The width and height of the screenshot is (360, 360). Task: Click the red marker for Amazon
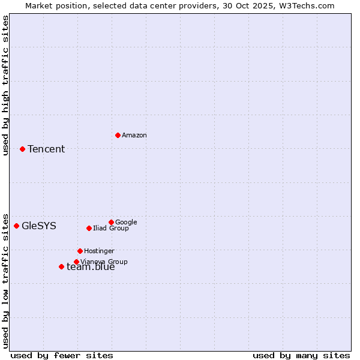click(118, 135)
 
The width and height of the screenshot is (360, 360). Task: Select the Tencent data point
click(22, 149)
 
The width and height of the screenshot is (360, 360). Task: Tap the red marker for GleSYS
click(16, 226)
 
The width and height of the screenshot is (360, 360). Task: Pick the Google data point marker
click(111, 222)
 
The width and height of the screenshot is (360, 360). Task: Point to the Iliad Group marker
click(89, 228)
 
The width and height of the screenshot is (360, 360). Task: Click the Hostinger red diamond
click(80, 251)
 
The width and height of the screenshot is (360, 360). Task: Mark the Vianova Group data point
click(76, 262)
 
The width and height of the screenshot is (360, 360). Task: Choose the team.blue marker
click(61, 266)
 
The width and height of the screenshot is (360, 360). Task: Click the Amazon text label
click(134, 136)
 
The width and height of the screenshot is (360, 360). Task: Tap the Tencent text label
click(46, 149)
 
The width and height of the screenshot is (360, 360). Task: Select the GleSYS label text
click(39, 226)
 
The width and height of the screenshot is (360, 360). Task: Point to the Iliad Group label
click(111, 229)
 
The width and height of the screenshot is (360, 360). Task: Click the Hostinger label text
click(99, 251)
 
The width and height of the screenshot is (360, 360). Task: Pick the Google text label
click(126, 223)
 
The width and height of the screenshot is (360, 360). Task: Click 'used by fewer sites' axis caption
click(62, 356)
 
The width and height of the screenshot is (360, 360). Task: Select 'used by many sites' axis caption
click(301, 356)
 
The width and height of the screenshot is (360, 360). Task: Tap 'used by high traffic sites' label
click(5, 85)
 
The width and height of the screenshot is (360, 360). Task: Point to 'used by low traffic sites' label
click(5, 280)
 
